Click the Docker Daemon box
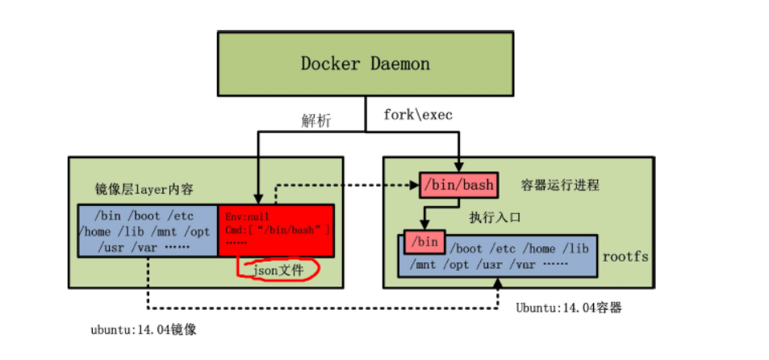tap(365, 63)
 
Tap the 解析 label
tap(316, 119)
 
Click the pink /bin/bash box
tap(457, 185)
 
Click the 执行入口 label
tap(495, 217)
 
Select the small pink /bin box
tap(424, 241)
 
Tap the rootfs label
tap(625, 257)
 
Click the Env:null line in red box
tap(248, 216)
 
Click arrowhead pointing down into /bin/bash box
tap(458, 168)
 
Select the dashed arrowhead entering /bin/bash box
tap(414, 185)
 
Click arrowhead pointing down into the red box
tap(256, 199)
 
